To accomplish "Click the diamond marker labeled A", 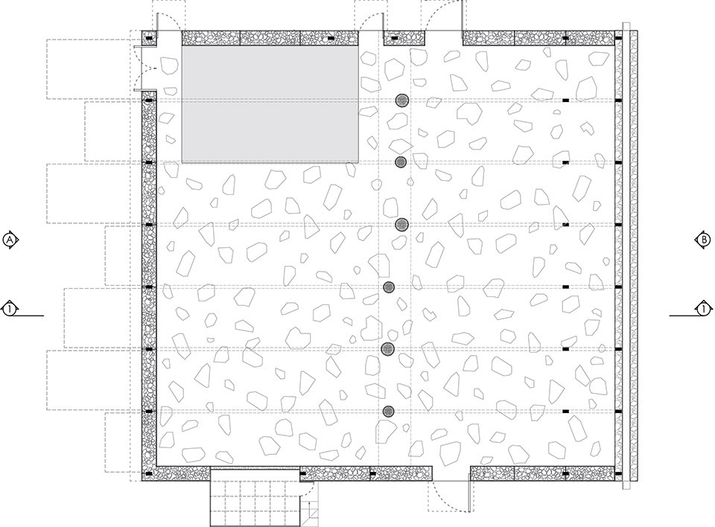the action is (10, 240).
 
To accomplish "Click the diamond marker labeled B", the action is (704, 240).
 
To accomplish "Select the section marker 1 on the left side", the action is (10, 310).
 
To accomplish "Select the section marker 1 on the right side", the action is (704, 310).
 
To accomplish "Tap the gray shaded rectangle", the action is (270, 104).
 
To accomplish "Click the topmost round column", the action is (401, 100).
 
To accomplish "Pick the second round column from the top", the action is (401, 162).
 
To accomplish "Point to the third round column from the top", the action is (401, 224).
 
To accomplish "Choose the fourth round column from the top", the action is (389, 287).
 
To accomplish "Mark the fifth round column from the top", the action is (387, 349).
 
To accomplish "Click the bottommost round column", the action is (388, 412).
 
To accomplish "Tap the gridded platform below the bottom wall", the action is (255, 497).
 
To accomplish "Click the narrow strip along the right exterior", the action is (630, 256).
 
